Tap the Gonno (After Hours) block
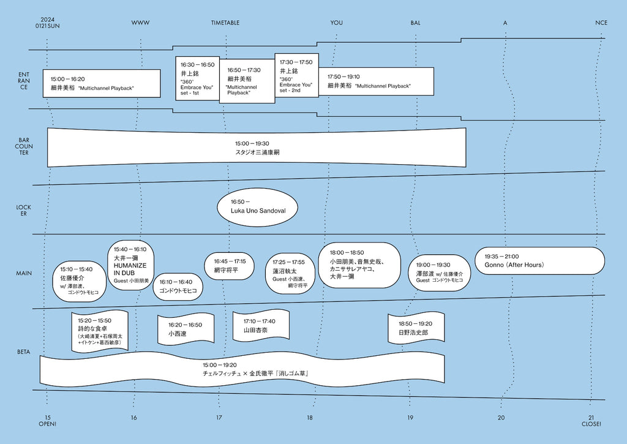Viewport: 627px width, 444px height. point(540,261)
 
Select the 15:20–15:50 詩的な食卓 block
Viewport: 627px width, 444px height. point(100,332)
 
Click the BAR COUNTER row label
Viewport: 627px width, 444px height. point(24,146)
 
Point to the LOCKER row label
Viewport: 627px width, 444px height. point(24,211)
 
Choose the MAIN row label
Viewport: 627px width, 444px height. point(24,273)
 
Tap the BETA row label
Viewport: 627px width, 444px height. point(24,352)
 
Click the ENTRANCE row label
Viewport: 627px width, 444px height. point(24,81)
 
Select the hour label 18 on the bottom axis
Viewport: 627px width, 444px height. point(310,418)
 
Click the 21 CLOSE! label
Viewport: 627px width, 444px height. point(591,421)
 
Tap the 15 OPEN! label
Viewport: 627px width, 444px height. point(47,421)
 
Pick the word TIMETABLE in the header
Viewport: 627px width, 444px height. point(225,23)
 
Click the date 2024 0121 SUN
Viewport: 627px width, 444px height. point(47,23)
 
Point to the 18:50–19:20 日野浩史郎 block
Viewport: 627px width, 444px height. point(416,328)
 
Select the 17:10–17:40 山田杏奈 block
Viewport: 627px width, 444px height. point(261,326)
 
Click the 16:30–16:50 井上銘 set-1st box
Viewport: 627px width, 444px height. point(198,78)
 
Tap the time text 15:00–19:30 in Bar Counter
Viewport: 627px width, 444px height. point(252,143)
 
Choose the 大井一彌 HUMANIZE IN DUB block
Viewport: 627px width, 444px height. point(131,265)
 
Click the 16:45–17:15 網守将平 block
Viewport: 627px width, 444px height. point(229,266)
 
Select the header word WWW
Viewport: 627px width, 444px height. point(140,23)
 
